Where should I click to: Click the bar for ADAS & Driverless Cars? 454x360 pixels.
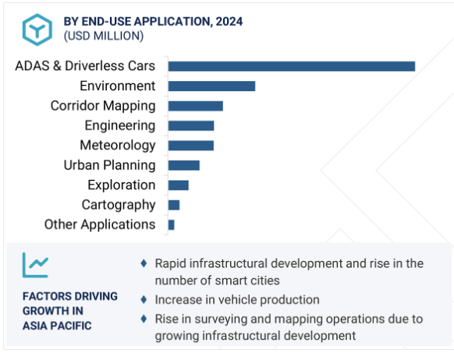(292, 66)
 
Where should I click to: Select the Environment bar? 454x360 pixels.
(211, 86)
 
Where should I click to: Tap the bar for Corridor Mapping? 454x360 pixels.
(196, 106)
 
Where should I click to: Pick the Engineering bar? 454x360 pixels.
(191, 125)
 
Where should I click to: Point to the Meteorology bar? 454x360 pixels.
(191, 146)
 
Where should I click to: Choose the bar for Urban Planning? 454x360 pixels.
(184, 165)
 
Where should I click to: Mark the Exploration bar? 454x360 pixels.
(179, 185)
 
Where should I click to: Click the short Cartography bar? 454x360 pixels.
(174, 205)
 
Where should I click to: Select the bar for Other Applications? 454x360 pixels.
(171, 224)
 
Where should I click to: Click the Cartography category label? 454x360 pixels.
(119, 205)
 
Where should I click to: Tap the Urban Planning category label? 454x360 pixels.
(109, 165)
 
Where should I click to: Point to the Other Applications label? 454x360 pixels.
(100, 224)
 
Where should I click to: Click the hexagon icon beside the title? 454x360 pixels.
(37, 30)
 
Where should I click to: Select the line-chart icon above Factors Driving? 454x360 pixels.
(35, 265)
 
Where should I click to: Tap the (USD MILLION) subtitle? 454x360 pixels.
(104, 36)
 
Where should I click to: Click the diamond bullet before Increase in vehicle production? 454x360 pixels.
(144, 299)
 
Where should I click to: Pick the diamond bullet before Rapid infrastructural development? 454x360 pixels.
(144, 263)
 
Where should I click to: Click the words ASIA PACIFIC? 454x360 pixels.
(57, 326)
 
